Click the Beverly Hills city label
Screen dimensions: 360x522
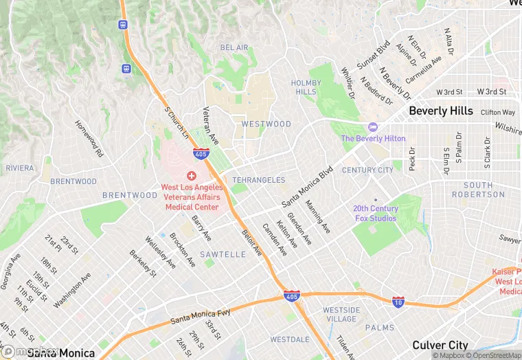coord(440,111)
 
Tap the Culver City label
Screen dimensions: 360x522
coord(440,346)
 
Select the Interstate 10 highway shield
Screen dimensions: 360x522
coord(398,302)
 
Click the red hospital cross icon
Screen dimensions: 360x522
coord(191,177)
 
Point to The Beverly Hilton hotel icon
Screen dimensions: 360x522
coord(373,128)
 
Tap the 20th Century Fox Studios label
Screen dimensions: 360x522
coord(375,213)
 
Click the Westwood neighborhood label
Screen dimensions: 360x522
coord(266,124)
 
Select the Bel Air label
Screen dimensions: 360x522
coord(234,47)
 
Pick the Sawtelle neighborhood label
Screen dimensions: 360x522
coord(223,254)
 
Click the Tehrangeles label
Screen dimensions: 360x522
coord(258,180)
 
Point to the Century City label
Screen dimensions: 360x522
coord(367,170)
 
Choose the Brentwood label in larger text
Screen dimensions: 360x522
coord(130,195)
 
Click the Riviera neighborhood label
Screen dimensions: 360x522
coord(19,168)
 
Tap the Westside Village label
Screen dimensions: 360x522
coord(341,314)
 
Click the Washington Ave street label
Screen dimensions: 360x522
coord(72,291)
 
